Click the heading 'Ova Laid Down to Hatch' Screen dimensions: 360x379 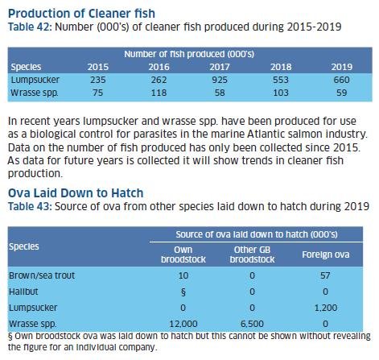coord(76,194)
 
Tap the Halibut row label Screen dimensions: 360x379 coord(27,292)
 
